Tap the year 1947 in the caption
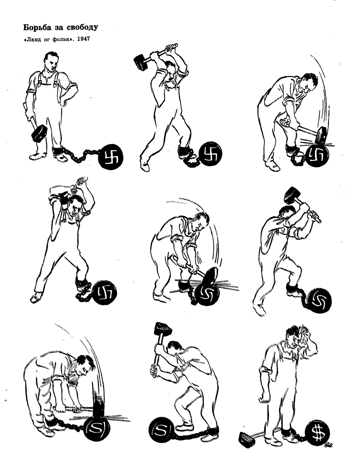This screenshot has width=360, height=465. [x=83, y=40]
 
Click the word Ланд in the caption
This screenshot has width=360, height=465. [x=32, y=40]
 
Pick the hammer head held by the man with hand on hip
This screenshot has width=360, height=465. [x=39, y=133]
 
